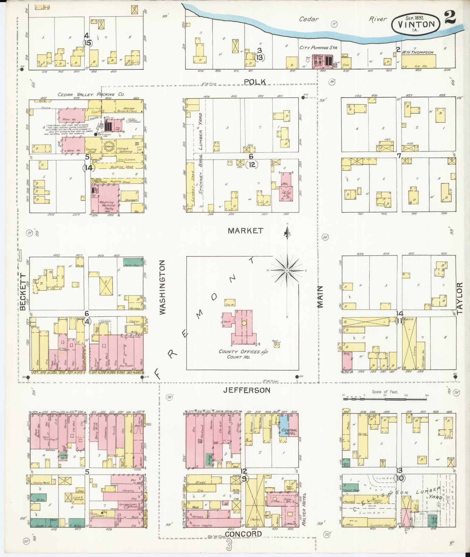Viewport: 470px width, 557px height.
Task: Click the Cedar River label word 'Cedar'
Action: [309, 19]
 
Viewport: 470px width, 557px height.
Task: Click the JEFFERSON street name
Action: [247, 390]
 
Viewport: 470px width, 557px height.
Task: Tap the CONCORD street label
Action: [244, 534]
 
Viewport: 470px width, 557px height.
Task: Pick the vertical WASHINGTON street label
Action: [162, 287]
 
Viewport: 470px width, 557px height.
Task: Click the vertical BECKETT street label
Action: [23, 292]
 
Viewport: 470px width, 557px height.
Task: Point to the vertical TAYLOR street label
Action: [459, 298]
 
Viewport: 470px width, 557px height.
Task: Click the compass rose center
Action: [287, 270]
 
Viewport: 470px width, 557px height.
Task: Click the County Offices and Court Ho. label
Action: [243, 354]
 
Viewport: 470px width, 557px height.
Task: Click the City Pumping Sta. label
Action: [318, 48]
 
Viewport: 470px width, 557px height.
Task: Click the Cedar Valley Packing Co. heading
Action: [91, 95]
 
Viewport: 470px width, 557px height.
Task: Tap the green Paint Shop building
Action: [133, 263]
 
